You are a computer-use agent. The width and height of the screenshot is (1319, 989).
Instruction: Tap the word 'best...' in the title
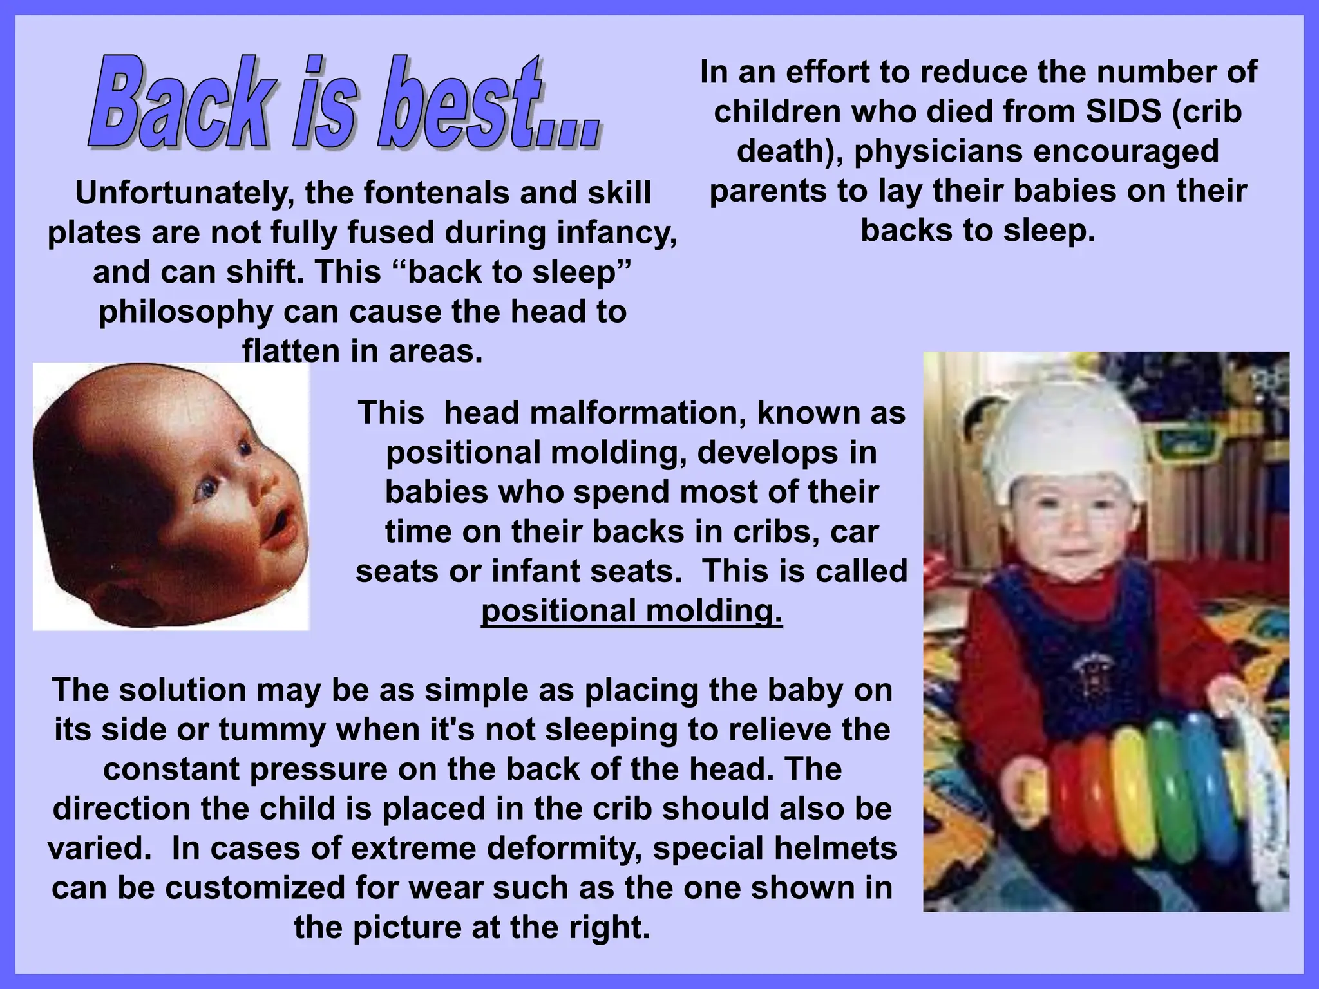489,103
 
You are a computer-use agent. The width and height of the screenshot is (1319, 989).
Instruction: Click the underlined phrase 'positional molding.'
632,611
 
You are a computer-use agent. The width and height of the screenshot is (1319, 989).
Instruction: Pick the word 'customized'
283,888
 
